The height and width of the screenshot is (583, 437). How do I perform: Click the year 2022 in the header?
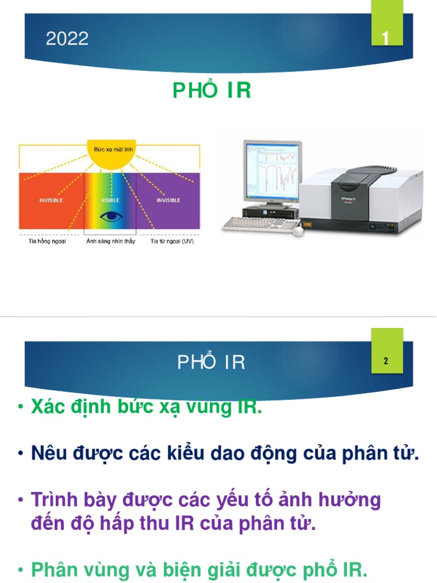point(67,39)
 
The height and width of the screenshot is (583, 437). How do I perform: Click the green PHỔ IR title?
point(212,91)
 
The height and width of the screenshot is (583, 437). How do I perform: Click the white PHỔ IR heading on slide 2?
point(211,363)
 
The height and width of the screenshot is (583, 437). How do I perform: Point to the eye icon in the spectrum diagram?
point(110,216)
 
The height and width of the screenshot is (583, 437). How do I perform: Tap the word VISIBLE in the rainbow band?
point(110,200)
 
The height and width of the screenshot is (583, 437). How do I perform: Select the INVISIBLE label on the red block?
point(51,200)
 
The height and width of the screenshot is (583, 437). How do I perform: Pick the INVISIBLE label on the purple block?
point(168,200)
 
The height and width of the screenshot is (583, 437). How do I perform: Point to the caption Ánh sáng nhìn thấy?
point(111,241)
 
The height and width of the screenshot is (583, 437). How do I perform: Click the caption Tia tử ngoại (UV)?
point(172,241)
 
